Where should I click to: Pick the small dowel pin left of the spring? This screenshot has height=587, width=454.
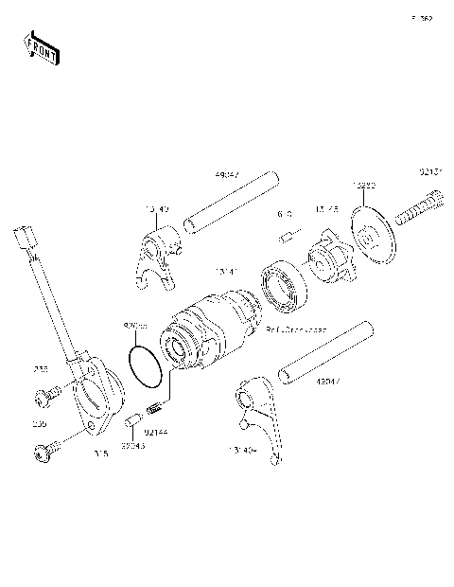pos(134,418)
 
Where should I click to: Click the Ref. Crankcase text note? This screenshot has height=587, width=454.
pos(296,329)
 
